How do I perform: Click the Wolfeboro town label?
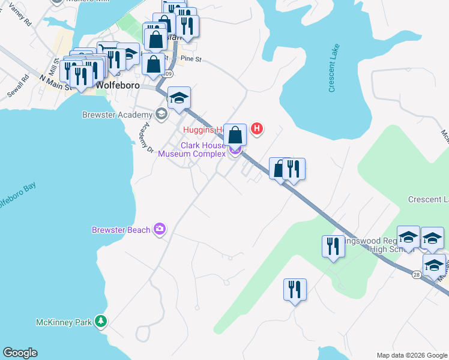118,85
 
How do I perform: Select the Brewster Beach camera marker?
160,229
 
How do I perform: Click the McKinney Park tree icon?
102,322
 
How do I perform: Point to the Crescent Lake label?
334,68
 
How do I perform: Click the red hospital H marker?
257,128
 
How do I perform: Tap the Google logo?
20,353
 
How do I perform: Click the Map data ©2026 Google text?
411,355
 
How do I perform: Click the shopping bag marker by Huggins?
235,135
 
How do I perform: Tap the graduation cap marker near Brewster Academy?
179,98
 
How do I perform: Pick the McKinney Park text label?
64,322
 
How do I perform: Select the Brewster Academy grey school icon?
160,114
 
